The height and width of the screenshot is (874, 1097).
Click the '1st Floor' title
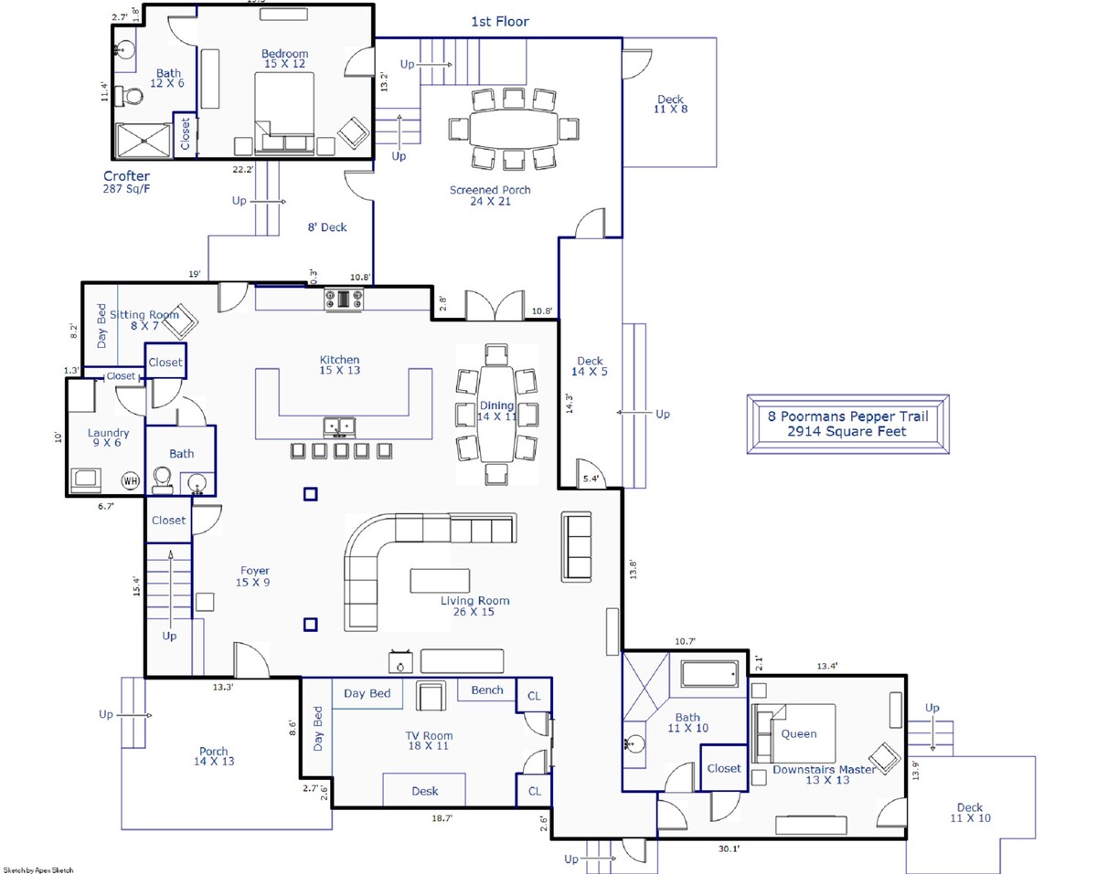(499, 21)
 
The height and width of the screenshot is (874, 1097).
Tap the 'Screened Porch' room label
(490, 190)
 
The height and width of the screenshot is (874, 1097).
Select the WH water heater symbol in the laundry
(131, 480)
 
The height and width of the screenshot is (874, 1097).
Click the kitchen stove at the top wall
(344, 299)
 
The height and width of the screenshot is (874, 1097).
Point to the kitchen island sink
(339, 427)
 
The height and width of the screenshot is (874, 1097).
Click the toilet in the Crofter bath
(130, 96)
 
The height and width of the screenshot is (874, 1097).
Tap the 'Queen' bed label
(799, 734)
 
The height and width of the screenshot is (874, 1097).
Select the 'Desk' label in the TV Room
(424, 791)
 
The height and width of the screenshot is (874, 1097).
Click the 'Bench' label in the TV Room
(487, 690)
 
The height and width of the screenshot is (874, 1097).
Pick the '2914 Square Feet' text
(847, 431)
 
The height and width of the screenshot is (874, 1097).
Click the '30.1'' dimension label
(729, 849)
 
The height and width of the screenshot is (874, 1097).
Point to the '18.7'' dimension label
(442, 818)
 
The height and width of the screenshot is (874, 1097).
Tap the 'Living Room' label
(475, 601)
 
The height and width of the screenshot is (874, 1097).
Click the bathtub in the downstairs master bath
(709, 674)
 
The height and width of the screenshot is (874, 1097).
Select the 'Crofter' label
(126, 175)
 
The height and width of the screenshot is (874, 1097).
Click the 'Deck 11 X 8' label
(670, 104)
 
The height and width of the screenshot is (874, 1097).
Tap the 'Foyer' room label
(255, 571)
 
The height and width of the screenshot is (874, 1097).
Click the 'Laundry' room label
(108, 433)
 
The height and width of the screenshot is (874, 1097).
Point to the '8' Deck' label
(326, 227)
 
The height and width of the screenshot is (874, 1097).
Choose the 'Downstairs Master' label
(824, 770)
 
